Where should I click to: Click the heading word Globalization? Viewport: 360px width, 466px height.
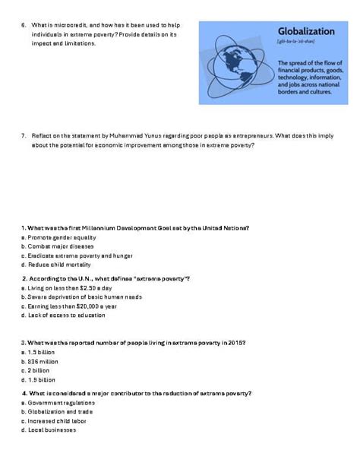306,32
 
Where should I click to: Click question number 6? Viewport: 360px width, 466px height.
24,25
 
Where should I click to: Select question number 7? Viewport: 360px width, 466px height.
24,135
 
